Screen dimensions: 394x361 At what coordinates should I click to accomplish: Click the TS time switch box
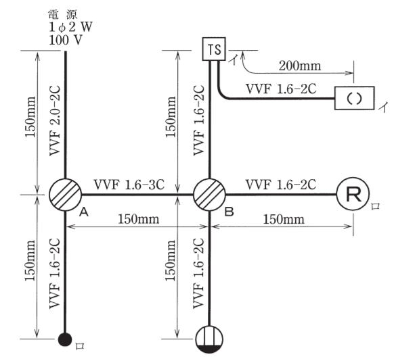[214, 49]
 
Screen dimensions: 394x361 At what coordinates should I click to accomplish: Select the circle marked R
[353, 193]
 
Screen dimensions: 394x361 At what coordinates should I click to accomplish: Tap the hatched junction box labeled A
[66, 195]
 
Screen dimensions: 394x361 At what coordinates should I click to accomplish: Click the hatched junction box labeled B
[209, 195]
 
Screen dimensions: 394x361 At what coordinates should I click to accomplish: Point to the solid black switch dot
[65, 339]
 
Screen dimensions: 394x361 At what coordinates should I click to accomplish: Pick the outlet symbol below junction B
[209, 339]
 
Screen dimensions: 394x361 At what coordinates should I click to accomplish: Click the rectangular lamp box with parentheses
[355, 98]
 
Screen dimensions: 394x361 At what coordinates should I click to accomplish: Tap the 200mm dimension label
[300, 66]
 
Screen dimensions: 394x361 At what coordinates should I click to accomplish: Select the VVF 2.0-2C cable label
[55, 121]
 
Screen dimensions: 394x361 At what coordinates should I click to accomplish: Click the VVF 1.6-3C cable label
[129, 185]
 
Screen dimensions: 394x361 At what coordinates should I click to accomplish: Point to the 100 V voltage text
[66, 40]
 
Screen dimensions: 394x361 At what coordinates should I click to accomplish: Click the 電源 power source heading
[63, 15]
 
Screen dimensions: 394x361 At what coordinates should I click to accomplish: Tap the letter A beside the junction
[84, 212]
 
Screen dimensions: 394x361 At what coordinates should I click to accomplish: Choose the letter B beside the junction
[229, 212]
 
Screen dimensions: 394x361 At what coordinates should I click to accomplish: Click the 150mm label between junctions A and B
[139, 219]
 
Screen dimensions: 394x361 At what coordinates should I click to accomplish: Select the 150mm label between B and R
[284, 219]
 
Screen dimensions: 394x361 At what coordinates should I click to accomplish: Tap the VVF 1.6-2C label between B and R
[281, 185]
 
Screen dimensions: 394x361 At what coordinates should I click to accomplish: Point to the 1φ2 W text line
[70, 27]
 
